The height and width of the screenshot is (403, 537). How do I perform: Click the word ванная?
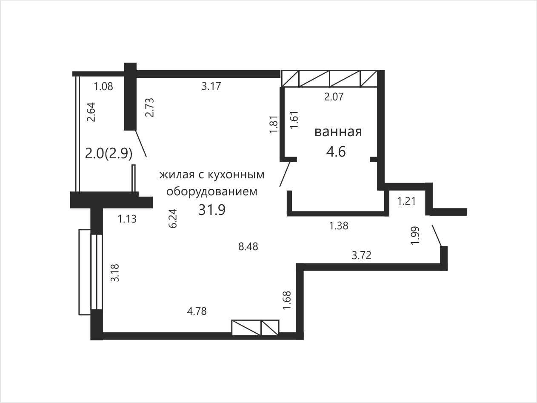[x=338, y=132]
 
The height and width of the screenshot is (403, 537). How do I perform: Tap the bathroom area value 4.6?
[x=336, y=151]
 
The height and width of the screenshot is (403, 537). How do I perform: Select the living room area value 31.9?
[x=212, y=210]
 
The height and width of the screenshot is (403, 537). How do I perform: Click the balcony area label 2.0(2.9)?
[x=109, y=154]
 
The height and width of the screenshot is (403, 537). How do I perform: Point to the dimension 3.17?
[x=211, y=86]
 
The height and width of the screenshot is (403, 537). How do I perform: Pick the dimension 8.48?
[x=248, y=247]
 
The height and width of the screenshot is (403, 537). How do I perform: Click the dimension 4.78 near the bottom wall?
[x=197, y=312]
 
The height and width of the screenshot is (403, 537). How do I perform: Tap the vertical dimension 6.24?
[x=173, y=218]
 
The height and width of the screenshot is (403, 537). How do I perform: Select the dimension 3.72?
[x=362, y=256]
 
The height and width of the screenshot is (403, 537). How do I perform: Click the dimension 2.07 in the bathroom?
[x=334, y=97]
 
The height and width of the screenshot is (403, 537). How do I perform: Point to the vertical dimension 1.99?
[x=415, y=236]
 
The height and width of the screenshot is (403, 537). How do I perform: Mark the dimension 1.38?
[x=339, y=226]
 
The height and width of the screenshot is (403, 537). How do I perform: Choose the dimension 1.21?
[x=406, y=201]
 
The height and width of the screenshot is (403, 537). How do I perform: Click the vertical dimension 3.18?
[x=115, y=273]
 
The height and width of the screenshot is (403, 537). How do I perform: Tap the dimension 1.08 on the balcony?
[x=103, y=87]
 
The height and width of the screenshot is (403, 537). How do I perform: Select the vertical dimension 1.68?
[x=287, y=300]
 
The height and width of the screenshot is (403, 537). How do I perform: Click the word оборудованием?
[x=212, y=191]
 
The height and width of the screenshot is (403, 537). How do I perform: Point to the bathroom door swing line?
[x=285, y=174]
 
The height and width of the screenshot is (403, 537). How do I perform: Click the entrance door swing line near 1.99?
[x=437, y=235]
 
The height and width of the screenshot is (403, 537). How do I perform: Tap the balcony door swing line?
[x=141, y=144]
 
